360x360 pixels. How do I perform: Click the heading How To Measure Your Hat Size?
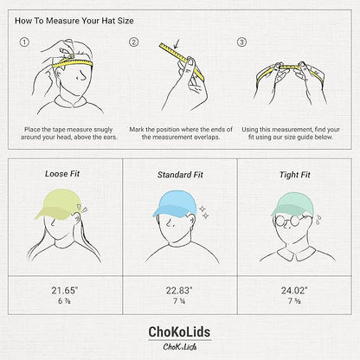click(x=74, y=21)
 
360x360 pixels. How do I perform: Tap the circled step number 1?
click(x=24, y=42)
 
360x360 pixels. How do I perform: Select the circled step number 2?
click(x=133, y=42)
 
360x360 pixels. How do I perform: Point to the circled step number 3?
click(x=241, y=42)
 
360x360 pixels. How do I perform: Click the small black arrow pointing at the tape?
click(x=177, y=44)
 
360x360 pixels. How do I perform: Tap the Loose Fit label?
click(x=62, y=174)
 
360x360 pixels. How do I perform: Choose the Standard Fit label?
click(x=180, y=175)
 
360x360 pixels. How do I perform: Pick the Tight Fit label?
click(x=295, y=175)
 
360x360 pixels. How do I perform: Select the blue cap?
click(x=175, y=203)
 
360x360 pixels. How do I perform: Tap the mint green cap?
click(x=292, y=205)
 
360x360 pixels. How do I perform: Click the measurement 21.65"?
click(x=65, y=291)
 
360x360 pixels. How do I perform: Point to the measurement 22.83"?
click(x=179, y=291)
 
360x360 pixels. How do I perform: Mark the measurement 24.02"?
click(x=294, y=291)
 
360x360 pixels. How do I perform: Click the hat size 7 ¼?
click(x=179, y=301)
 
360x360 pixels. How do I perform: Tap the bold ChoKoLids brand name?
click(x=179, y=332)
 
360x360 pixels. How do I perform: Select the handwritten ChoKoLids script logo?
click(x=180, y=347)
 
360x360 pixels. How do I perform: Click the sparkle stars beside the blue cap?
click(x=204, y=212)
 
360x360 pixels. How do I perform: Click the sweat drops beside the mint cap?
click(x=318, y=220)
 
